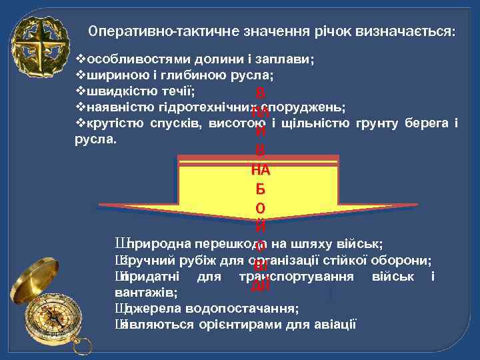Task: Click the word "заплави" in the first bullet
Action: (x=288, y=59)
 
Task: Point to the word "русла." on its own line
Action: (x=97, y=140)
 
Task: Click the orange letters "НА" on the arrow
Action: (x=260, y=171)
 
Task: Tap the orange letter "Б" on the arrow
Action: (x=260, y=189)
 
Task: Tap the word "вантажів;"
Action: (x=146, y=292)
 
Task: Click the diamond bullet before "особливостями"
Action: (x=82, y=59)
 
